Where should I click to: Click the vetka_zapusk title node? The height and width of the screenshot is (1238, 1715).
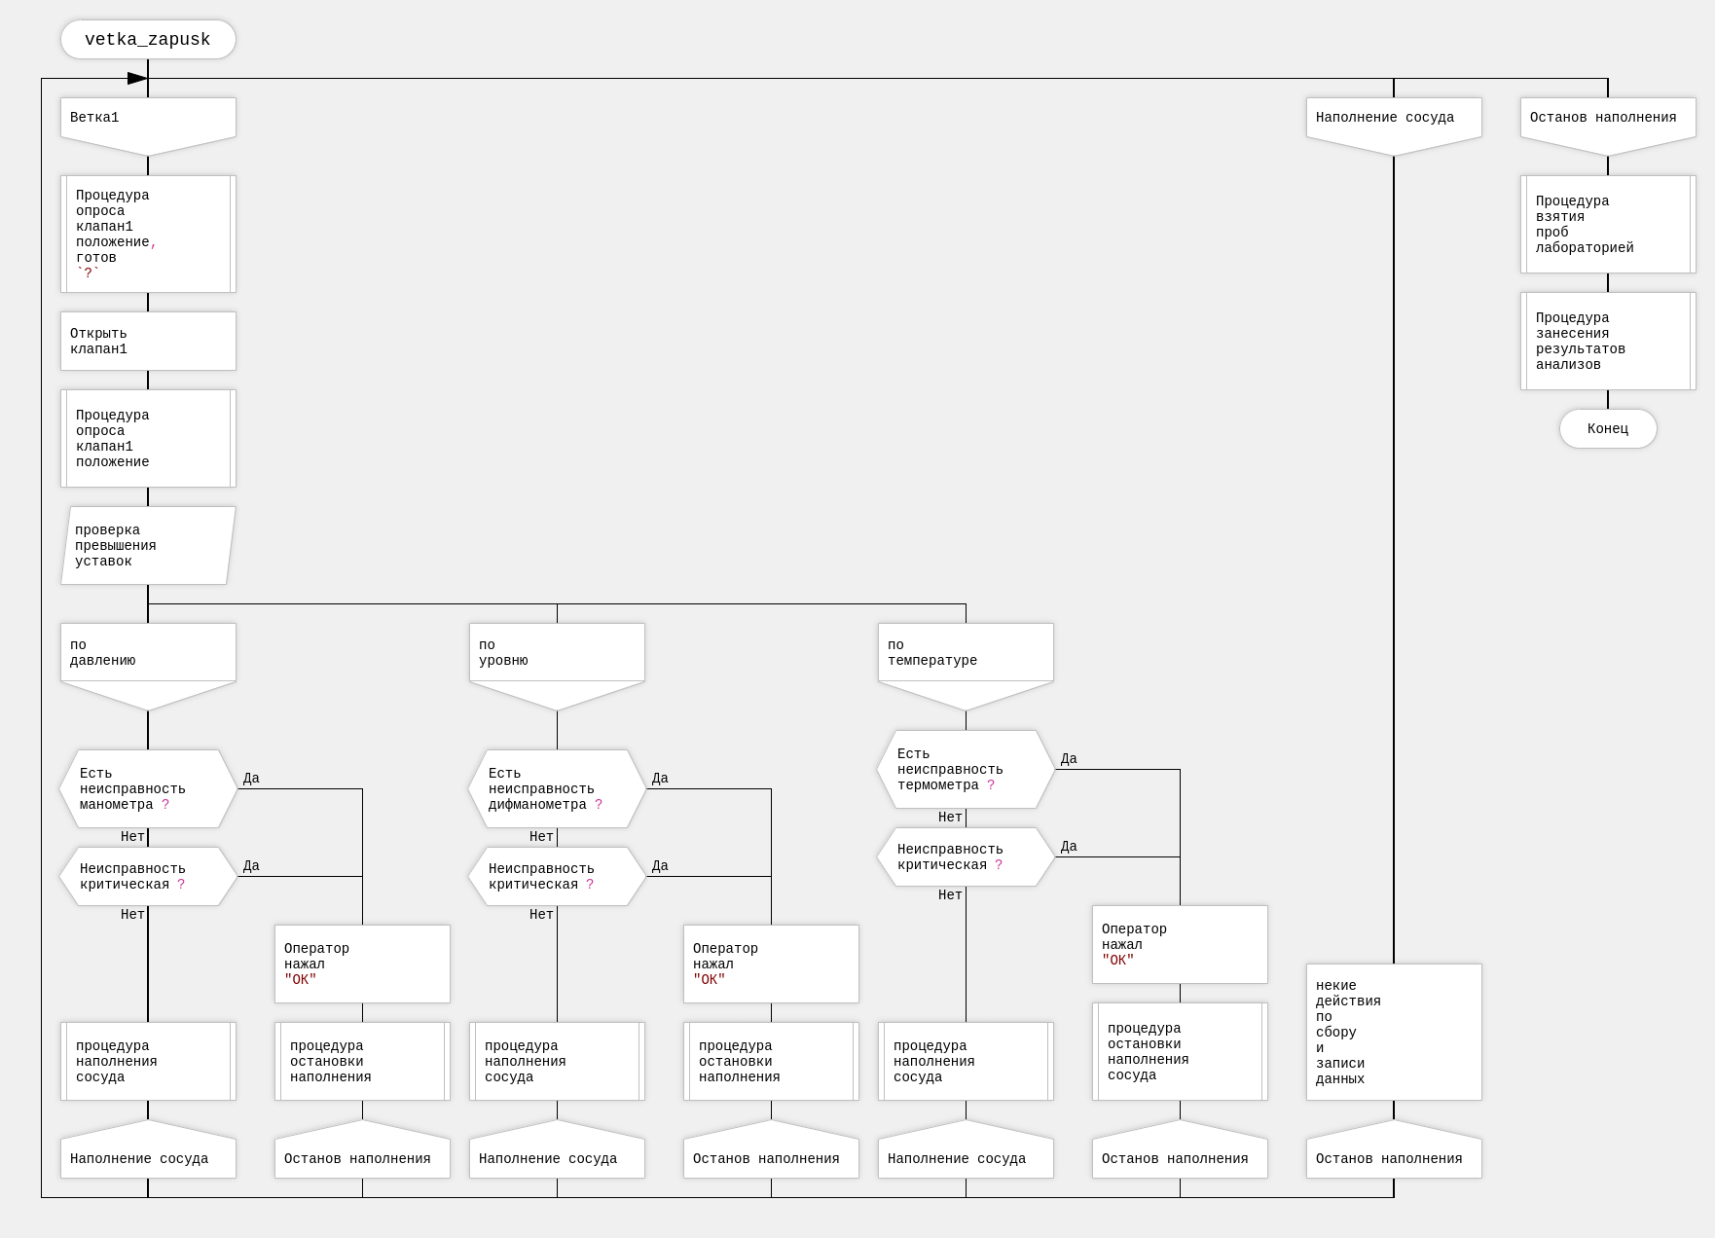point(148,40)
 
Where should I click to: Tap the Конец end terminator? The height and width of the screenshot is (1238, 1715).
point(1607,429)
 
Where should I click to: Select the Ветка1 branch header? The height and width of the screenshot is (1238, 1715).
point(148,121)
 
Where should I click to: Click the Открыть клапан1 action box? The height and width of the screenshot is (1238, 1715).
point(148,342)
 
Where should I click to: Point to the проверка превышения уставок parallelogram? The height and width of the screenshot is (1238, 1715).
point(148,546)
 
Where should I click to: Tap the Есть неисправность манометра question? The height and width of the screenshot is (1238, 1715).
point(148,789)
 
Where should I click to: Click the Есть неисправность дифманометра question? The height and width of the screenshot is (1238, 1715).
point(557,789)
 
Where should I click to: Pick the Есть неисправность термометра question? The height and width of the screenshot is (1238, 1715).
point(966,770)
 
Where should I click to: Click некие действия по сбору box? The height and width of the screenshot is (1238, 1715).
point(1394,1033)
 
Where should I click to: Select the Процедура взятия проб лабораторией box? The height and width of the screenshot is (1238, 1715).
point(1608,225)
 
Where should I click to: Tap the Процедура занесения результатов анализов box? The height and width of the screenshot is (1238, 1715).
point(1608,342)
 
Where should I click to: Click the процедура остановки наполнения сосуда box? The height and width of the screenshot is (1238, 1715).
point(1180,1052)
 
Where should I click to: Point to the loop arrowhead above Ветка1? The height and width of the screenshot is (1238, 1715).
point(137,78)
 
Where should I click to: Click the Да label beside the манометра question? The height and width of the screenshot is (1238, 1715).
point(251,779)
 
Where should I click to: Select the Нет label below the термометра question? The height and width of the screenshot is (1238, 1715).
point(950,818)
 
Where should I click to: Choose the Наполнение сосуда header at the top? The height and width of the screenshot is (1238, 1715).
point(1394,121)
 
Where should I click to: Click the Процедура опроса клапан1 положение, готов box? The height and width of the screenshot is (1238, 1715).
point(148,235)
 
